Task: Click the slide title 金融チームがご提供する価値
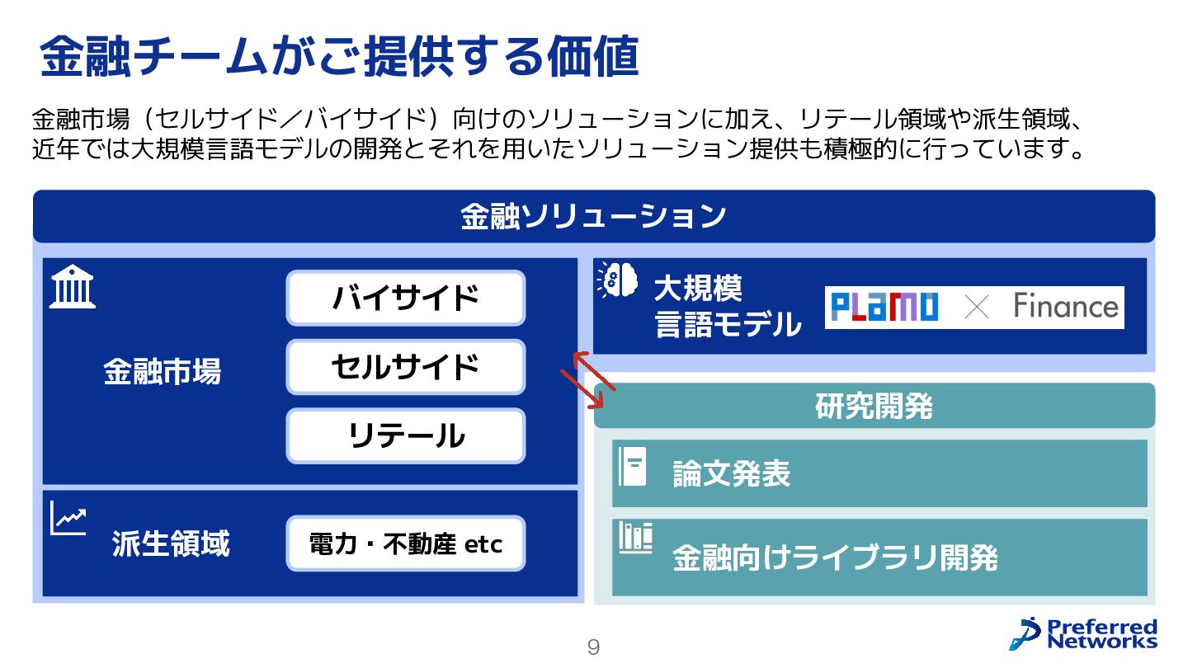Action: tap(339, 56)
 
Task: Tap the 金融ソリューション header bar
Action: tap(593, 216)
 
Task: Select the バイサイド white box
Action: tap(405, 298)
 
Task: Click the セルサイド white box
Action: tap(405, 367)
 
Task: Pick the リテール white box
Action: tap(405, 435)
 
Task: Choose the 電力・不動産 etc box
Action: tap(405, 543)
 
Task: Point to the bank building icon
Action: tap(73, 287)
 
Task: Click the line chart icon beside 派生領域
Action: tap(68, 518)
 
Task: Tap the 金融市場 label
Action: tap(162, 372)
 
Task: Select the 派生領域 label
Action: tap(170, 544)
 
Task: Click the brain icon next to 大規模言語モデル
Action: tap(618, 279)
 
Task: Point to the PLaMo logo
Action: tap(884, 308)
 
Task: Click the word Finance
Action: tap(1065, 307)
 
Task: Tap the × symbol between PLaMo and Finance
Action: tap(976, 308)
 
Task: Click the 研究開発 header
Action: tap(874, 406)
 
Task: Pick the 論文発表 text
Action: tap(731, 474)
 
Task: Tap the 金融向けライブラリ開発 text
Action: tap(835, 558)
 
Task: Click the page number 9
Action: tap(593, 647)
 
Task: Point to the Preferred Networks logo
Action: tap(1082, 633)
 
